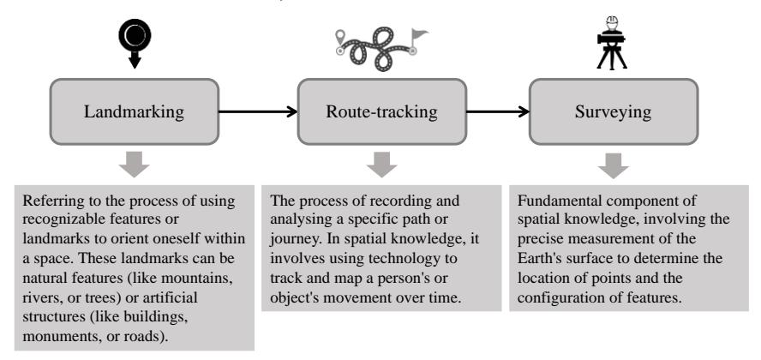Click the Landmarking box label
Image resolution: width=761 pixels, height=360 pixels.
134,112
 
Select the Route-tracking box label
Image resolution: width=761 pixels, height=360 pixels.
381,111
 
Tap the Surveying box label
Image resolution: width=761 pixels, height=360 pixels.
613,112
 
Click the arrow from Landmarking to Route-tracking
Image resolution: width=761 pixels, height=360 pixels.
258,111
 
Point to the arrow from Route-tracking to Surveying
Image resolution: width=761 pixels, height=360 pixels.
497,111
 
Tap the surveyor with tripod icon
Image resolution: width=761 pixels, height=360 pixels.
612,43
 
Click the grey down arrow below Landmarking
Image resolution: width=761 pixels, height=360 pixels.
134,164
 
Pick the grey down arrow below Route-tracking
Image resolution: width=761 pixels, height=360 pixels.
381,164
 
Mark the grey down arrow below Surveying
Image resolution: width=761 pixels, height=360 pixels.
613,165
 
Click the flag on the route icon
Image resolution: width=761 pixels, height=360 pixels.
419,35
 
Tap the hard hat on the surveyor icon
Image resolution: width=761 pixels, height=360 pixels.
613,21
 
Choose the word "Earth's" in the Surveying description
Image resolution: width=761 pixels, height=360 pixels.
539,258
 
